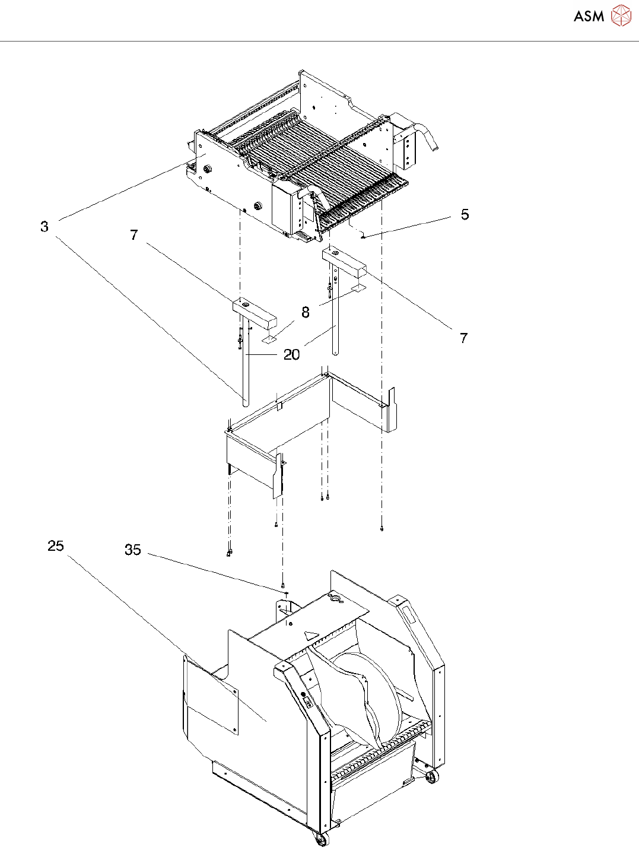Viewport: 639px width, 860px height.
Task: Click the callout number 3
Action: point(44,227)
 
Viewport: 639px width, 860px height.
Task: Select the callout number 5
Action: point(465,215)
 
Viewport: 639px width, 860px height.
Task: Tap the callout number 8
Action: point(306,313)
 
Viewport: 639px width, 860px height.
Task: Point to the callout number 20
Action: point(291,355)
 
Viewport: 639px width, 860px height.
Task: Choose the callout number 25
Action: point(56,546)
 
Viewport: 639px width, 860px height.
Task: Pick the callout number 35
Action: point(133,550)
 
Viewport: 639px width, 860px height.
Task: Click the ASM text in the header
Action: point(589,17)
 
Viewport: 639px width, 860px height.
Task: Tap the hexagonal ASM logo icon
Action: point(621,16)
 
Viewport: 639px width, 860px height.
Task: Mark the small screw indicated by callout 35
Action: point(287,592)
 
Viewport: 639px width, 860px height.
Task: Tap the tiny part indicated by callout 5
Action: point(363,236)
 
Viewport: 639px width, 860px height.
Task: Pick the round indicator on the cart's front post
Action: point(303,694)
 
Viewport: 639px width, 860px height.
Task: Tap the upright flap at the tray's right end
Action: point(391,410)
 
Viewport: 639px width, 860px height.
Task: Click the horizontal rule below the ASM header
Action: point(319,42)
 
